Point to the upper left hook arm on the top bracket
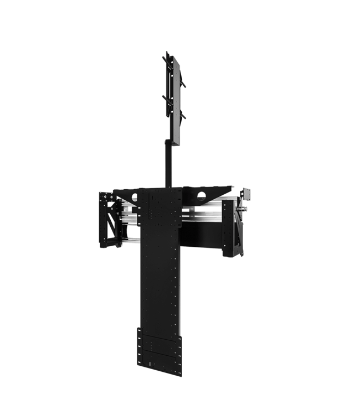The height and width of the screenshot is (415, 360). coord(164,58)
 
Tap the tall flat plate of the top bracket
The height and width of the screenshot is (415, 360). coord(172,100)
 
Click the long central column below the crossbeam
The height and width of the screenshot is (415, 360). coord(161,277)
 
